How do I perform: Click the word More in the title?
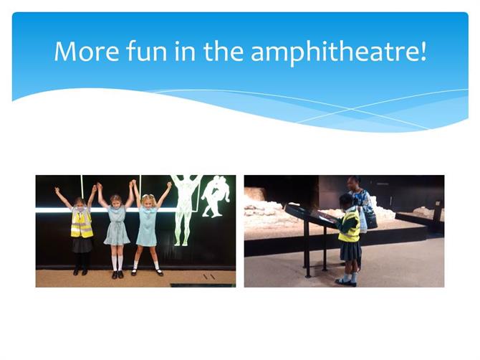[87, 51]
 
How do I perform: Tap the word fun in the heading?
[147, 50]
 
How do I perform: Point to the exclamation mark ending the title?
[423, 51]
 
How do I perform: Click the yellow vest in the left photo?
[82, 222]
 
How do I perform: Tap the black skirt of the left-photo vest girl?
[82, 245]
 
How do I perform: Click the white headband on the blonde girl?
[147, 196]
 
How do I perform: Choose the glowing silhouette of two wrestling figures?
[216, 196]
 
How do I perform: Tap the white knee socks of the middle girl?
[117, 263]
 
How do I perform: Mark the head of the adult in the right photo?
[354, 183]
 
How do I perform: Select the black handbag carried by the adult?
[370, 218]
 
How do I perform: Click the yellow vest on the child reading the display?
[350, 227]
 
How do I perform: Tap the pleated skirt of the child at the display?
[351, 251]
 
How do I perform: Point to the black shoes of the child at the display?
[346, 282]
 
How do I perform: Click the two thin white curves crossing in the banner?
[352, 109]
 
